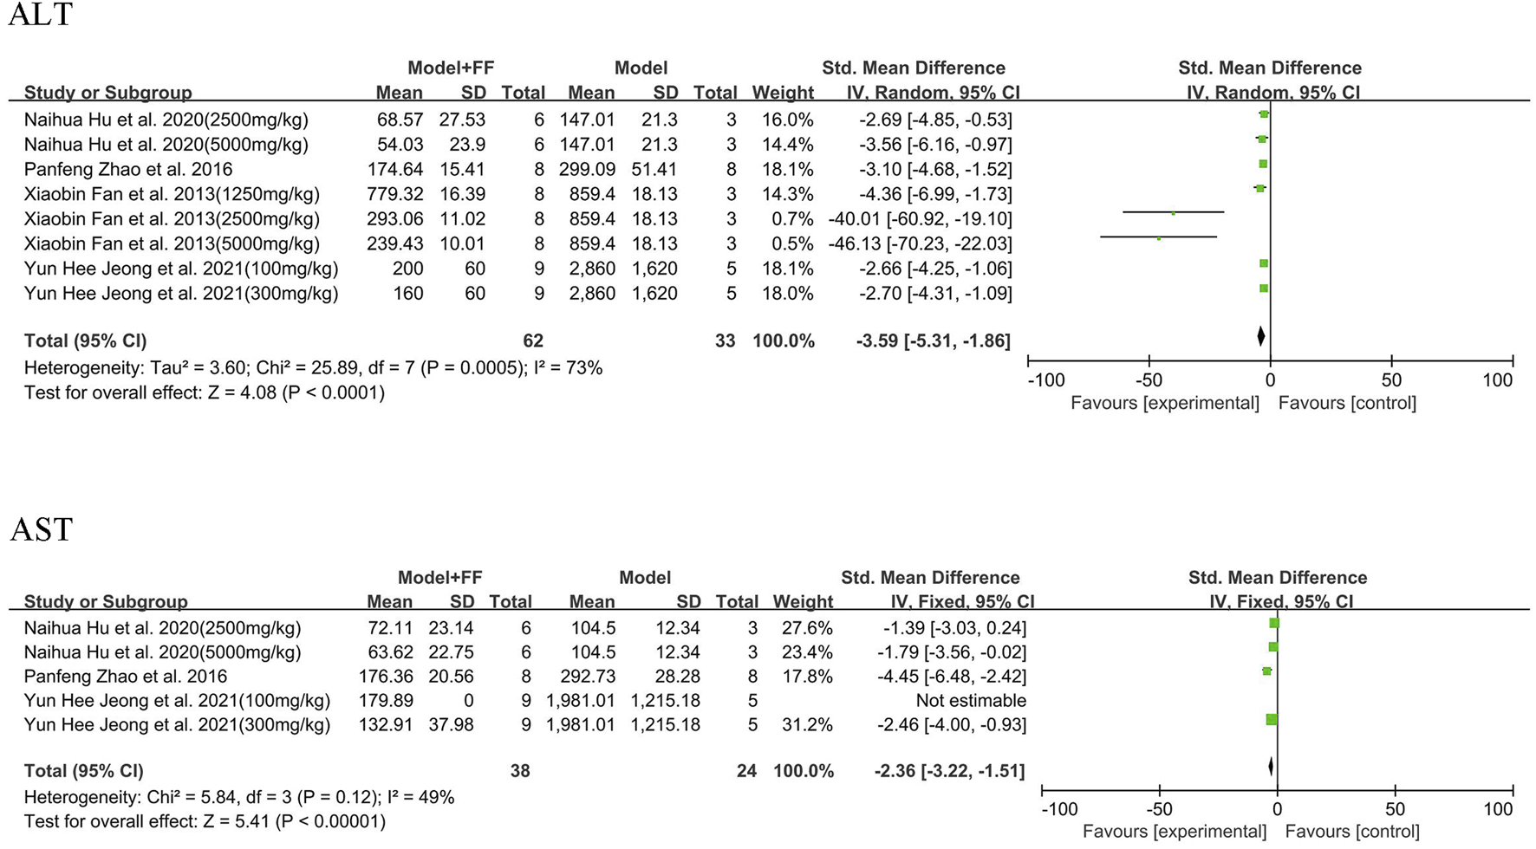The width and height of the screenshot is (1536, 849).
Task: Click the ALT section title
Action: coord(40,16)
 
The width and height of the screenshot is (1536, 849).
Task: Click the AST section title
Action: coord(41,529)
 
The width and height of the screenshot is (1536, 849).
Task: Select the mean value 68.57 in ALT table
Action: coord(400,120)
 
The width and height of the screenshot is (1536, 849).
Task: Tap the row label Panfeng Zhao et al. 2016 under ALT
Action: coord(128,170)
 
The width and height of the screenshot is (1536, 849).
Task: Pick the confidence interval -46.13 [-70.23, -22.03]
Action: coord(920,244)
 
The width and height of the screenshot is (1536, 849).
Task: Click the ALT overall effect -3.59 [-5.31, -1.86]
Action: coord(933,341)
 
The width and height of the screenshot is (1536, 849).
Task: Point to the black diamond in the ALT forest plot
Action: coord(1260,336)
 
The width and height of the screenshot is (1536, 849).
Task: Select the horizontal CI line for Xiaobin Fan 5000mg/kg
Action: coord(1158,237)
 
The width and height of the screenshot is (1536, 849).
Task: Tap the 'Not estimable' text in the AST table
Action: coord(971,701)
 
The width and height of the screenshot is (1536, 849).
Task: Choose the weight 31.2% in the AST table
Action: coord(806,725)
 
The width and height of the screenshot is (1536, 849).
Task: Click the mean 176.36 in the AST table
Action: coord(386,677)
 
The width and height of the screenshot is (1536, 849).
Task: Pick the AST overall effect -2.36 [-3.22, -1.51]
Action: coord(949,771)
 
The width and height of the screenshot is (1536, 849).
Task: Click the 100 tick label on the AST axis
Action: coord(1497,810)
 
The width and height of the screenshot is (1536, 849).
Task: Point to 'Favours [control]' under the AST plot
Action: coord(1351,833)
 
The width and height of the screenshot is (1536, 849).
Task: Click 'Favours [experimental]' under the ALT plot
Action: coord(1164,404)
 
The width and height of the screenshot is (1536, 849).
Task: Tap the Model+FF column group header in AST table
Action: coord(439,578)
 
